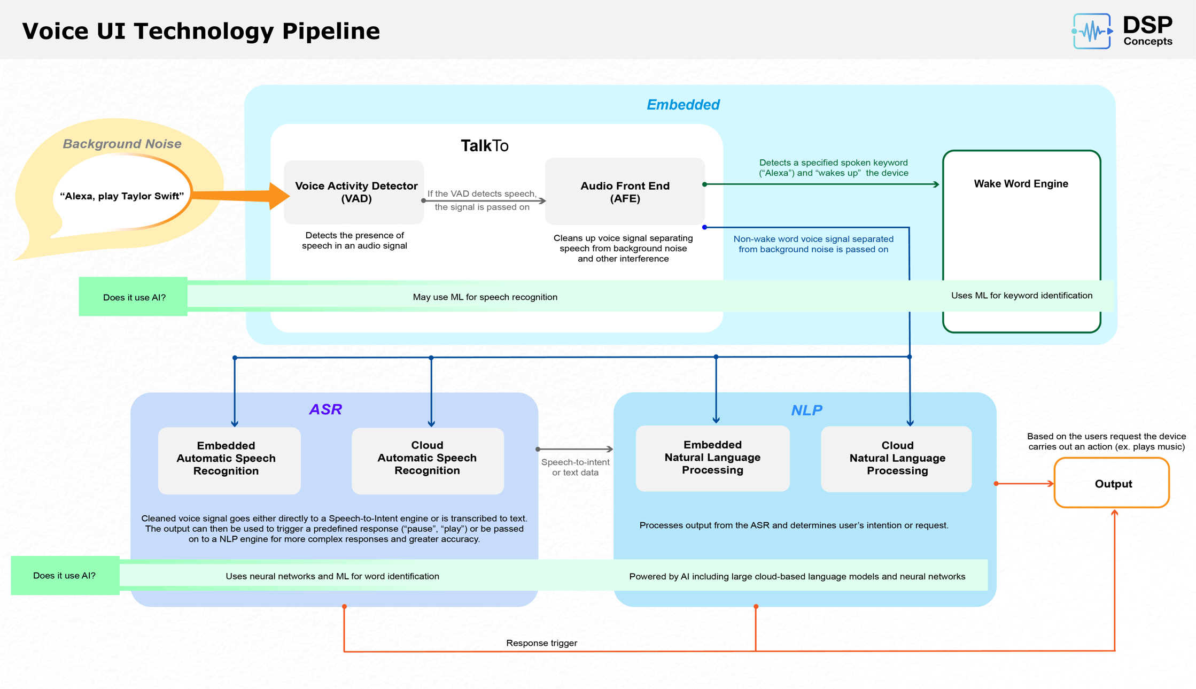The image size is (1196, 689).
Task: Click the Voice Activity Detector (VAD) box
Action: (354, 192)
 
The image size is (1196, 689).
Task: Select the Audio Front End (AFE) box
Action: (625, 192)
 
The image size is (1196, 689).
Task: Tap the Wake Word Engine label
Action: (1021, 184)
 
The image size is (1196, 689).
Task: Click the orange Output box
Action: (1112, 483)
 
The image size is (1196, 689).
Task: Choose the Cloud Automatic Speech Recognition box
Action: (427, 459)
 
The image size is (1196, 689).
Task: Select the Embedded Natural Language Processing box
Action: (712, 458)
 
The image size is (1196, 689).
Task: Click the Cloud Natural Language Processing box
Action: (896, 459)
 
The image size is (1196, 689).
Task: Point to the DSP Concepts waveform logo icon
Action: (1092, 31)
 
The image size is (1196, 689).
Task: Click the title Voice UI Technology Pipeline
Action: (201, 31)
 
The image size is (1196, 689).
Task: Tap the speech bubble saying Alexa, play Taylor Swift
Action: (122, 196)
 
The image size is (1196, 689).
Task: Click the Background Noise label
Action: (122, 144)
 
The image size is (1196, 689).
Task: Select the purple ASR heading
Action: (325, 409)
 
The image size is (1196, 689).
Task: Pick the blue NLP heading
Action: (806, 411)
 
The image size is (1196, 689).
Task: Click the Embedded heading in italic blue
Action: (683, 105)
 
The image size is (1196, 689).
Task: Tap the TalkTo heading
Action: (484, 146)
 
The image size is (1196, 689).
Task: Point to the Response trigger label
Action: (541, 643)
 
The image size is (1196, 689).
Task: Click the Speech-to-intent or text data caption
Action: (575, 467)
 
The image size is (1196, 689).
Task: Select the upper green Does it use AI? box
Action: (134, 297)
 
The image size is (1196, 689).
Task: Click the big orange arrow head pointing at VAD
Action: (279, 196)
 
